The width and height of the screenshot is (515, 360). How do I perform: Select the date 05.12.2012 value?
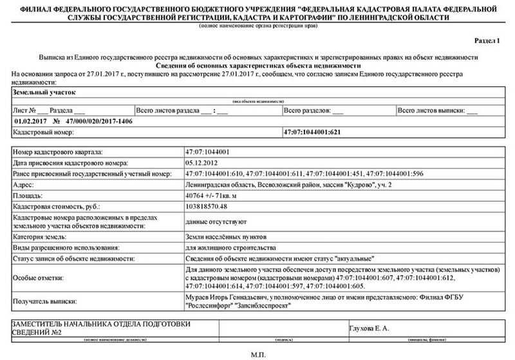[x=201, y=163]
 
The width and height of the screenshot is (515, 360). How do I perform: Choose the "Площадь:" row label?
[x=28, y=194]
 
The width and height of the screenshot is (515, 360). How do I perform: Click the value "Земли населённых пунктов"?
[x=225, y=236]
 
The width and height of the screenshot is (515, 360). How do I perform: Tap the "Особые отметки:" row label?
[x=38, y=278]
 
